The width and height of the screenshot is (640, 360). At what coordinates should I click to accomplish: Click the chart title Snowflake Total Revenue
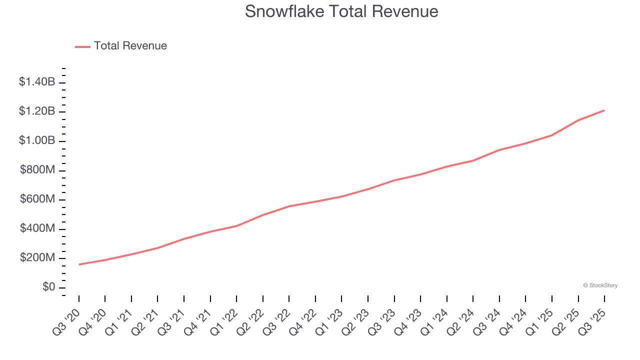pyautogui.click(x=341, y=11)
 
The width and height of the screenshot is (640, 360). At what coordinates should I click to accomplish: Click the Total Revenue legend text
pyautogui.click(x=130, y=46)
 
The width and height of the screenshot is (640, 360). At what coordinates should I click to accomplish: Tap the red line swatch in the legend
pyautogui.click(x=82, y=46)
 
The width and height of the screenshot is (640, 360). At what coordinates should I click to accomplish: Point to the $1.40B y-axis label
pyautogui.click(x=37, y=82)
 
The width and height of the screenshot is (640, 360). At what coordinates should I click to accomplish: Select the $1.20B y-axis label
pyautogui.click(x=37, y=111)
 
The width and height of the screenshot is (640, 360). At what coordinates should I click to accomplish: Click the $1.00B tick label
pyautogui.click(x=37, y=140)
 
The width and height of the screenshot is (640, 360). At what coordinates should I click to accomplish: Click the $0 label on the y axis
pyautogui.click(x=48, y=287)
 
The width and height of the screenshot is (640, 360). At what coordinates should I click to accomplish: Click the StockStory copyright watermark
pyautogui.click(x=600, y=285)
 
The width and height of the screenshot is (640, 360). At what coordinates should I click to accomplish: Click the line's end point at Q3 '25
pyautogui.click(x=604, y=110)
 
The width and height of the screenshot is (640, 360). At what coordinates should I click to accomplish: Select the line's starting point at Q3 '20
pyautogui.click(x=79, y=264)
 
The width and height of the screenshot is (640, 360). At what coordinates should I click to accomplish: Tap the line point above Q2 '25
pyautogui.click(x=578, y=120)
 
